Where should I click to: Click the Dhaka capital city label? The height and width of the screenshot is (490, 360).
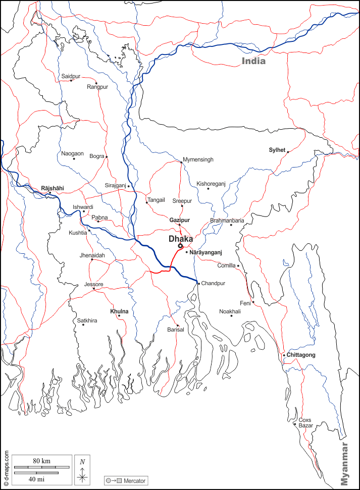181,238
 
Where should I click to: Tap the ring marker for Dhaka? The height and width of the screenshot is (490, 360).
180,246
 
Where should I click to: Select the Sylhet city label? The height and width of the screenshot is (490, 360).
277,150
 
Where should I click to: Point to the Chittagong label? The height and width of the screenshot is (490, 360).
301,355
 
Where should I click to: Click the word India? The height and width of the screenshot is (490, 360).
253,61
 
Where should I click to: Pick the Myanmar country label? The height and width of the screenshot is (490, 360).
344,464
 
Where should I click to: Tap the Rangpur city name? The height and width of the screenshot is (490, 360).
97,87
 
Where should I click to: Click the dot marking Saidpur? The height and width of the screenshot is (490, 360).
71,81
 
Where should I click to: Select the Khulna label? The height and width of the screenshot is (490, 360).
119,311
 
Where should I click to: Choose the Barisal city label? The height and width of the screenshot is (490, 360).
176,330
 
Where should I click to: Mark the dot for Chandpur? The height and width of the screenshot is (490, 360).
198,283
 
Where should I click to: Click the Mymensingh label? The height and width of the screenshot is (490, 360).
198,159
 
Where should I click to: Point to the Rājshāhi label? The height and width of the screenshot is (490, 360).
53,188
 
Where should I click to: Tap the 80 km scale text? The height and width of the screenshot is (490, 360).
41,461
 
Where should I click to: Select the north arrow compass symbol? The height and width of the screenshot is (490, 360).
82,469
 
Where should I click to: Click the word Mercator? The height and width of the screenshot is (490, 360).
134,480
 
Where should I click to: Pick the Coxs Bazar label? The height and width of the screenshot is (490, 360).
305,422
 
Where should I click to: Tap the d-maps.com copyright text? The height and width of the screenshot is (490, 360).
6,465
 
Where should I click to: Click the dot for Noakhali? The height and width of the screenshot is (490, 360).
231,316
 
